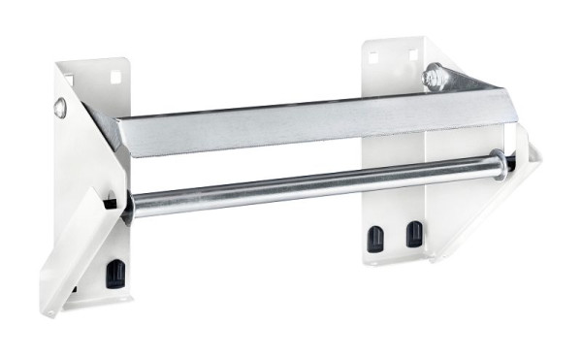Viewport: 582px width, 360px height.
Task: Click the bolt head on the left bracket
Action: [x=60, y=109]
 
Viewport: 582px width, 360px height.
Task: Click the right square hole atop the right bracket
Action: [x=412, y=54]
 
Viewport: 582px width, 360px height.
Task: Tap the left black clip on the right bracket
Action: [x=373, y=237]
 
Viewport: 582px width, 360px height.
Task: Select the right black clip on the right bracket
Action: [x=414, y=234]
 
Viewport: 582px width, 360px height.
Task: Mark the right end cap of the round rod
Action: [x=498, y=162]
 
